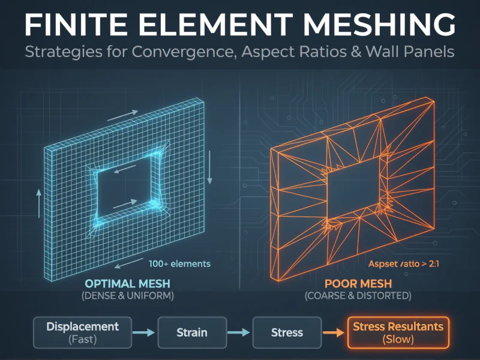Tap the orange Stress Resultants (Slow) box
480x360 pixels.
pos(398,332)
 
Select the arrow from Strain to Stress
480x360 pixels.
pos(238,332)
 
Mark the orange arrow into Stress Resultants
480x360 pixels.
pos(332,332)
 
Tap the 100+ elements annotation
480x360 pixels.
pos(179,263)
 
